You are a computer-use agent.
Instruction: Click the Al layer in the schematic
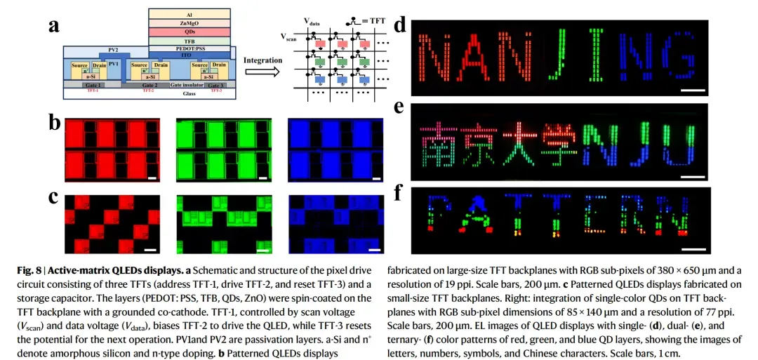pyautogui.click(x=189, y=14)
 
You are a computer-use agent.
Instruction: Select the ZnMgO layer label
pyautogui.click(x=189, y=23)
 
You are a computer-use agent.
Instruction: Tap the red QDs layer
pyautogui.click(x=189, y=32)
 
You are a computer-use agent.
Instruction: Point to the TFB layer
pyautogui.click(x=189, y=41)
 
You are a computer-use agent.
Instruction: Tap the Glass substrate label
pyautogui.click(x=149, y=92)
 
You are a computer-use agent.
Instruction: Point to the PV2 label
pyautogui.click(x=112, y=51)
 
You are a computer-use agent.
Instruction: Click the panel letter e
pyautogui.click(x=399, y=108)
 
